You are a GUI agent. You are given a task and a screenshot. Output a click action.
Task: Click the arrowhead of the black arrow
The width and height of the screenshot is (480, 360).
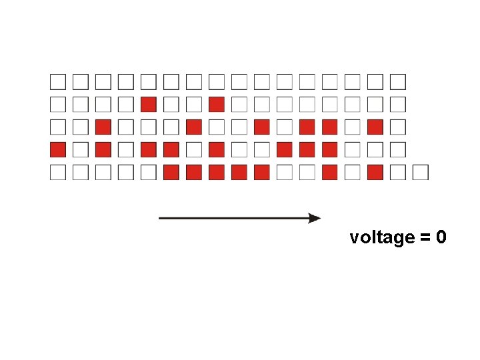[315, 218]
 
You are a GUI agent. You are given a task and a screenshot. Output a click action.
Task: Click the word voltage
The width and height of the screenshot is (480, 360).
[382, 238]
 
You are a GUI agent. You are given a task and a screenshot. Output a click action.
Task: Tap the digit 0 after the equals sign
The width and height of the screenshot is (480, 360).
[441, 238]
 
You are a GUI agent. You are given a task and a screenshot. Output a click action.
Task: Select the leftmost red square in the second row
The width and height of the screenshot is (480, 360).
[149, 105]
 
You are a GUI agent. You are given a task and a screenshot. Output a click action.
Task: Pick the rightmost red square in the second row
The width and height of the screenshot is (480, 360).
[216, 105]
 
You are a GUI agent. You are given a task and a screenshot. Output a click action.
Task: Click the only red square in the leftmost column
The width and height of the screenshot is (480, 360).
[58, 149]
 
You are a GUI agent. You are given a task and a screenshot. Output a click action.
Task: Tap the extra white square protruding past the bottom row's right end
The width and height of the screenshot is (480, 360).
[420, 172]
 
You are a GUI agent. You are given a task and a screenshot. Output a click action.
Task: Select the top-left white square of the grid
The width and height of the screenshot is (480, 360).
[58, 82]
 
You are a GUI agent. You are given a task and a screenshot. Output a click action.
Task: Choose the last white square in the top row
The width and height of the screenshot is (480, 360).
[397, 82]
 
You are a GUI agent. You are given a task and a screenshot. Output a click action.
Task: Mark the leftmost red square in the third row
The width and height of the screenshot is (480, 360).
[103, 127]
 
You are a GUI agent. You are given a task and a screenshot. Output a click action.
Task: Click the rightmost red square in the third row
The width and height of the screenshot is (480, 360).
[375, 127]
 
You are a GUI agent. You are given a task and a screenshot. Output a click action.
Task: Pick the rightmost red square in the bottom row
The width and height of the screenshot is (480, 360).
[375, 172]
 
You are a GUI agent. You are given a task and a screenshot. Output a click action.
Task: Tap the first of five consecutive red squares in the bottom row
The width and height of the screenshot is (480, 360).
[171, 172]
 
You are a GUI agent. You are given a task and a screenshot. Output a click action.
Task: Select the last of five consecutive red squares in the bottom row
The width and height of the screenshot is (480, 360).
[261, 172]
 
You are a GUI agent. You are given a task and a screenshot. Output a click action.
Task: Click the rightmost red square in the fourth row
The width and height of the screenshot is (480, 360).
[329, 149]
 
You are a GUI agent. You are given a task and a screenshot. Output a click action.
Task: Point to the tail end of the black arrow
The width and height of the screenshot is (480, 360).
[161, 218]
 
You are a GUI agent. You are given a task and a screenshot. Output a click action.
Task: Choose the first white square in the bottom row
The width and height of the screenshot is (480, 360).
[58, 172]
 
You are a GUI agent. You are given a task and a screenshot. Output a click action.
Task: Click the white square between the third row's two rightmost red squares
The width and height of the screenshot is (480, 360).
[352, 127]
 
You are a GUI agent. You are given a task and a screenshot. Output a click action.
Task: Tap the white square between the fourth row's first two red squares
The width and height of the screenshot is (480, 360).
[81, 149]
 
